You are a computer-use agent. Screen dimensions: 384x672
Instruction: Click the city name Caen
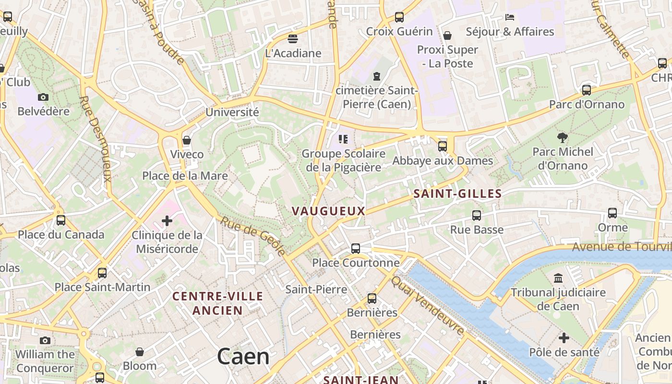point(243,357)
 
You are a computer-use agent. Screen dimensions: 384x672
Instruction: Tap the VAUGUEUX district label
point(328,211)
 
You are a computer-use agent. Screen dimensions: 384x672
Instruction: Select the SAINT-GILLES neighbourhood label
point(457,194)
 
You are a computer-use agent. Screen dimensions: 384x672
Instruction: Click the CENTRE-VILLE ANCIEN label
point(218,303)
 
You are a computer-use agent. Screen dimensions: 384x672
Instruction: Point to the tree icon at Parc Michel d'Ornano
point(562,138)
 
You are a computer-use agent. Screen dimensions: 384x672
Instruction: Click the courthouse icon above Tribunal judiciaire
point(558,278)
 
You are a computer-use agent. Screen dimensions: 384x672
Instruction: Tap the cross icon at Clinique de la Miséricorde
point(167,221)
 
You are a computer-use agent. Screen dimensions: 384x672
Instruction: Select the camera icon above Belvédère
point(43,97)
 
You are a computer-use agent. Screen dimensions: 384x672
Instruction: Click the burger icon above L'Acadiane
point(293,39)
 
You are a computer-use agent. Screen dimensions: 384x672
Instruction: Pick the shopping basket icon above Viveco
point(187,140)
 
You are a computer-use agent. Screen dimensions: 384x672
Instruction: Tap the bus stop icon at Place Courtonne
point(356,249)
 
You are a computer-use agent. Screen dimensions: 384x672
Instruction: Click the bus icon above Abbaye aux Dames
point(443,146)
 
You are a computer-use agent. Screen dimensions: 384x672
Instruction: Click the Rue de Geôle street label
point(253,236)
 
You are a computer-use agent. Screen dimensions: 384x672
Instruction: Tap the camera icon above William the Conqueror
point(45,341)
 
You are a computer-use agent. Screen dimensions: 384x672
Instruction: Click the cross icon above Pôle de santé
point(564,338)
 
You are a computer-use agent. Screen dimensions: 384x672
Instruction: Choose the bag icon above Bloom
point(140,352)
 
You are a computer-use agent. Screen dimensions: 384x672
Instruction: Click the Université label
point(232,112)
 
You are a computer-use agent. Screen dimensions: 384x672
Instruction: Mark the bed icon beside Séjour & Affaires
point(510,18)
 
